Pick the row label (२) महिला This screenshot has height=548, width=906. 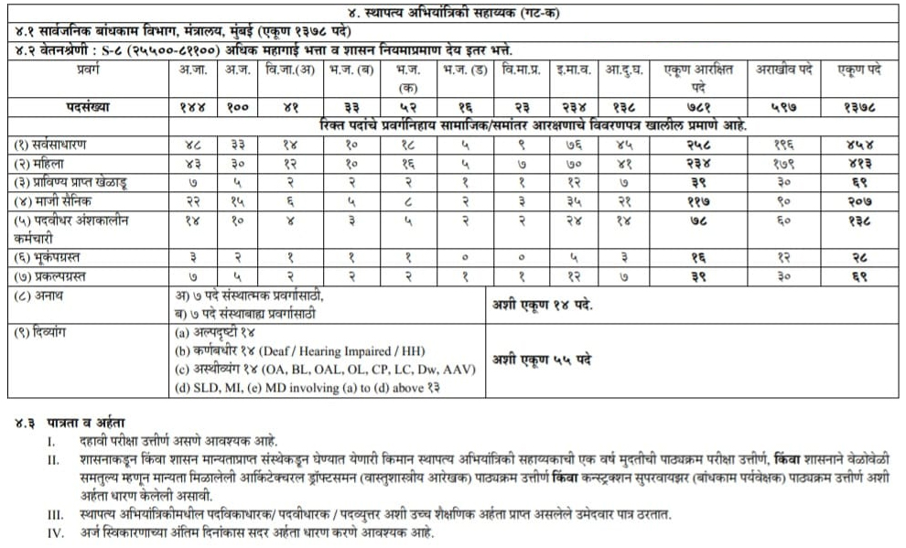coord(46,162)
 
